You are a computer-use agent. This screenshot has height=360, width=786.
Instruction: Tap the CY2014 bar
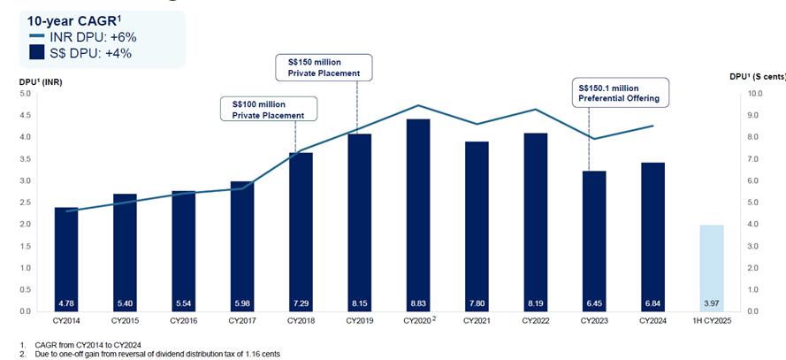tap(66, 257)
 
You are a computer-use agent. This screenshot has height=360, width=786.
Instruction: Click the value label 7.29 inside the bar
tap(300, 302)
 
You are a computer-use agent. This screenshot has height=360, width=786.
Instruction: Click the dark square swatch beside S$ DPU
tap(36, 52)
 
